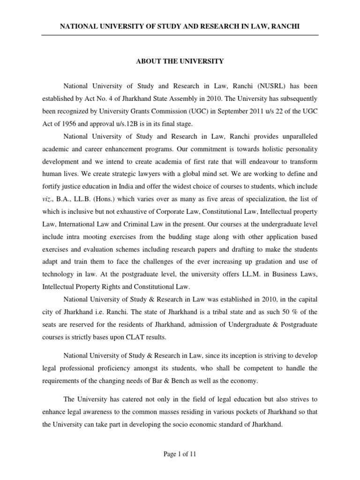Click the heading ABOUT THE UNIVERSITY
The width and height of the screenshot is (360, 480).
tap(180, 61)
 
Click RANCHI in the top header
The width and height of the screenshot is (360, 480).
tap(286, 27)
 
